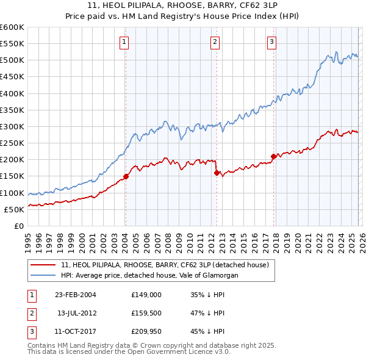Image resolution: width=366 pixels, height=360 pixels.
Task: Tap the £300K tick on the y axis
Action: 12,126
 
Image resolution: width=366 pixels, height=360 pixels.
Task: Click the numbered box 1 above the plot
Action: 124,42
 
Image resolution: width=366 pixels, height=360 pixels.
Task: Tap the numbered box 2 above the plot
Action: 215,42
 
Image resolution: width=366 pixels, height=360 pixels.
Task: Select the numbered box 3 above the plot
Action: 271,42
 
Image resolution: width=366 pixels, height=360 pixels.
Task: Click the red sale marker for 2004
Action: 126,176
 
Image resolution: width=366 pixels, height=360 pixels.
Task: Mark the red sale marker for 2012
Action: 217,173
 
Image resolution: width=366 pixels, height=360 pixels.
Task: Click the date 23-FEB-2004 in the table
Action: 76,294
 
